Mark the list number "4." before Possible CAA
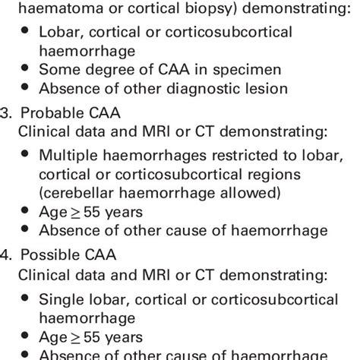point(9,254)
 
